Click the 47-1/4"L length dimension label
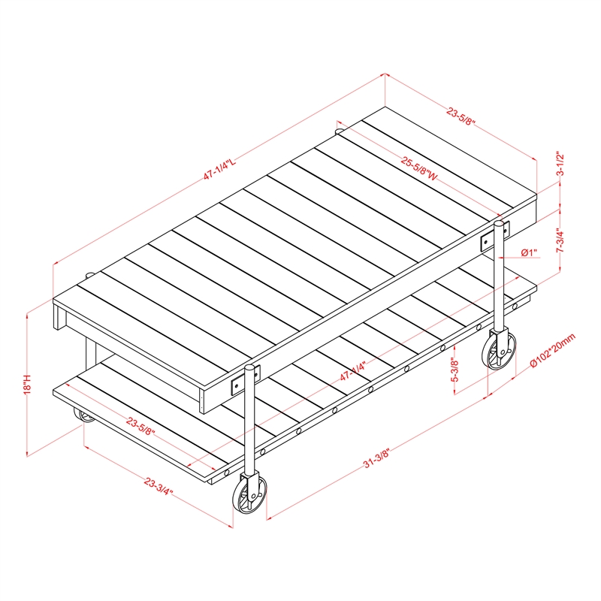pos(219,168)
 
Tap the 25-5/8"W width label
pos(419,168)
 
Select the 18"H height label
pos(28,384)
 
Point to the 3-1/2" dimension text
pos(560,163)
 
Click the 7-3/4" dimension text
pos(560,240)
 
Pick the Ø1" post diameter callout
pos(529,252)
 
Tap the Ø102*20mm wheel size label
pos(553,350)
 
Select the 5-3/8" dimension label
pos(455,370)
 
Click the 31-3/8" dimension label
pos(376,458)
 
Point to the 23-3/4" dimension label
pos(159,486)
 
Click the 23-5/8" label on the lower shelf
pos(140,427)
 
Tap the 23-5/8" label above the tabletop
pos(461,117)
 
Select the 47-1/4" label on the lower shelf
pos(353,370)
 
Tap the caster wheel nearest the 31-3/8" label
pos(249,494)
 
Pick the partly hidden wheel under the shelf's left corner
pos(84,416)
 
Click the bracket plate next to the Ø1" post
pos(494,236)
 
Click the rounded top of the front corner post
pos(249,368)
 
